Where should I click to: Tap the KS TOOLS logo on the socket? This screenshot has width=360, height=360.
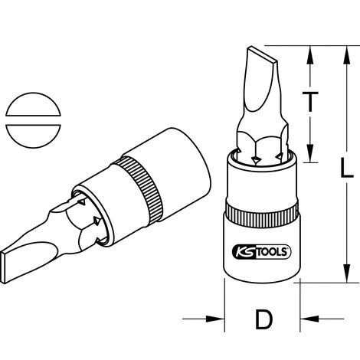point(260,249)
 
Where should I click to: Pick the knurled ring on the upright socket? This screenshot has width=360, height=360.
point(260,214)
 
